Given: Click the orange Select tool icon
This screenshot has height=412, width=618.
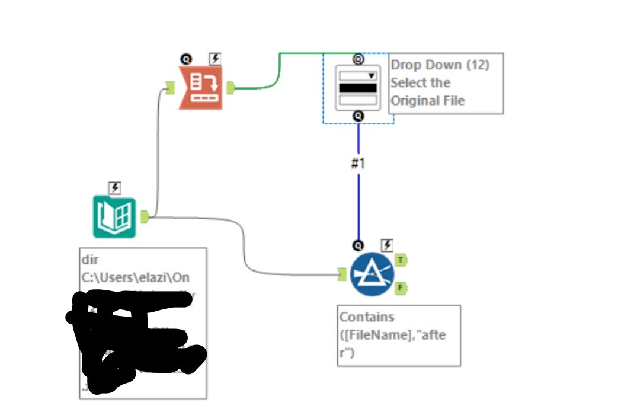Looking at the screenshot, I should click(x=201, y=88).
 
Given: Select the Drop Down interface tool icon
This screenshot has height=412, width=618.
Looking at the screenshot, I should click(x=358, y=87).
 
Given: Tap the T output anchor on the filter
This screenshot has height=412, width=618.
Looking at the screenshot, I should click(x=401, y=260).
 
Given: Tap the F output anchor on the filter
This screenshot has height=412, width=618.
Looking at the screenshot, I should click(x=401, y=288).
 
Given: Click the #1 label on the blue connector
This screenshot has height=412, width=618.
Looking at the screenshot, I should click(x=358, y=164).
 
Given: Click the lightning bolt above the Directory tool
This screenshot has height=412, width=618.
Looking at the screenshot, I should click(x=114, y=188).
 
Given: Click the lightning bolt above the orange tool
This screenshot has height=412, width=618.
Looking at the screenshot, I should click(x=215, y=58).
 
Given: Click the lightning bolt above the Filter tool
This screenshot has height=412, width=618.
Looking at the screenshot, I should click(x=386, y=244).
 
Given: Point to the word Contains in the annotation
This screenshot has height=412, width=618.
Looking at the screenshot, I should click(x=367, y=317).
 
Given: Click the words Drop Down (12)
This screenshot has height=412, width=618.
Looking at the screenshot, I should click(x=440, y=65).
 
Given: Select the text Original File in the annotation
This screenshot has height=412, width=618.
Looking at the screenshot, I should click(x=427, y=100).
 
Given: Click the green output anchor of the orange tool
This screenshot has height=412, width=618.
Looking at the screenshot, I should click(x=230, y=88).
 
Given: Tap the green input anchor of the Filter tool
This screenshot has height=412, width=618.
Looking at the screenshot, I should click(x=341, y=274).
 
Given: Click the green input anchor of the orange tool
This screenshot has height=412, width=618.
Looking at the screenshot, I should click(x=170, y=88).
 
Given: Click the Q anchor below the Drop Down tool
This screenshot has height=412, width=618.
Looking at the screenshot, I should click(x=358, y=116).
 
